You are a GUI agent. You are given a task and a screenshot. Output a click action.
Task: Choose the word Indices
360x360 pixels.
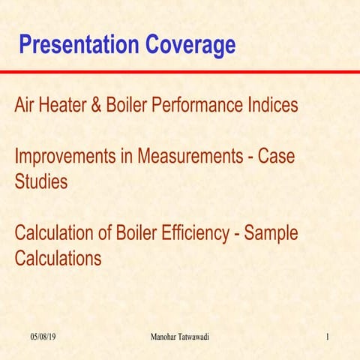(x=274, y=106)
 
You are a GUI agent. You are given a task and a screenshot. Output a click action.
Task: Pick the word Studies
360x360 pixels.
(x=40, y=182)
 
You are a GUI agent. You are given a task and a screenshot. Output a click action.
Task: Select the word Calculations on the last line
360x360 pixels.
(x=58, y=259)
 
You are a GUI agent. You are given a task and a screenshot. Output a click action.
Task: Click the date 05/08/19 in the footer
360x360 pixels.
(x=43, y=338)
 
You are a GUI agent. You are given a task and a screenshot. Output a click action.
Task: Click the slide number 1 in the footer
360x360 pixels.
(x=328, y=338)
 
